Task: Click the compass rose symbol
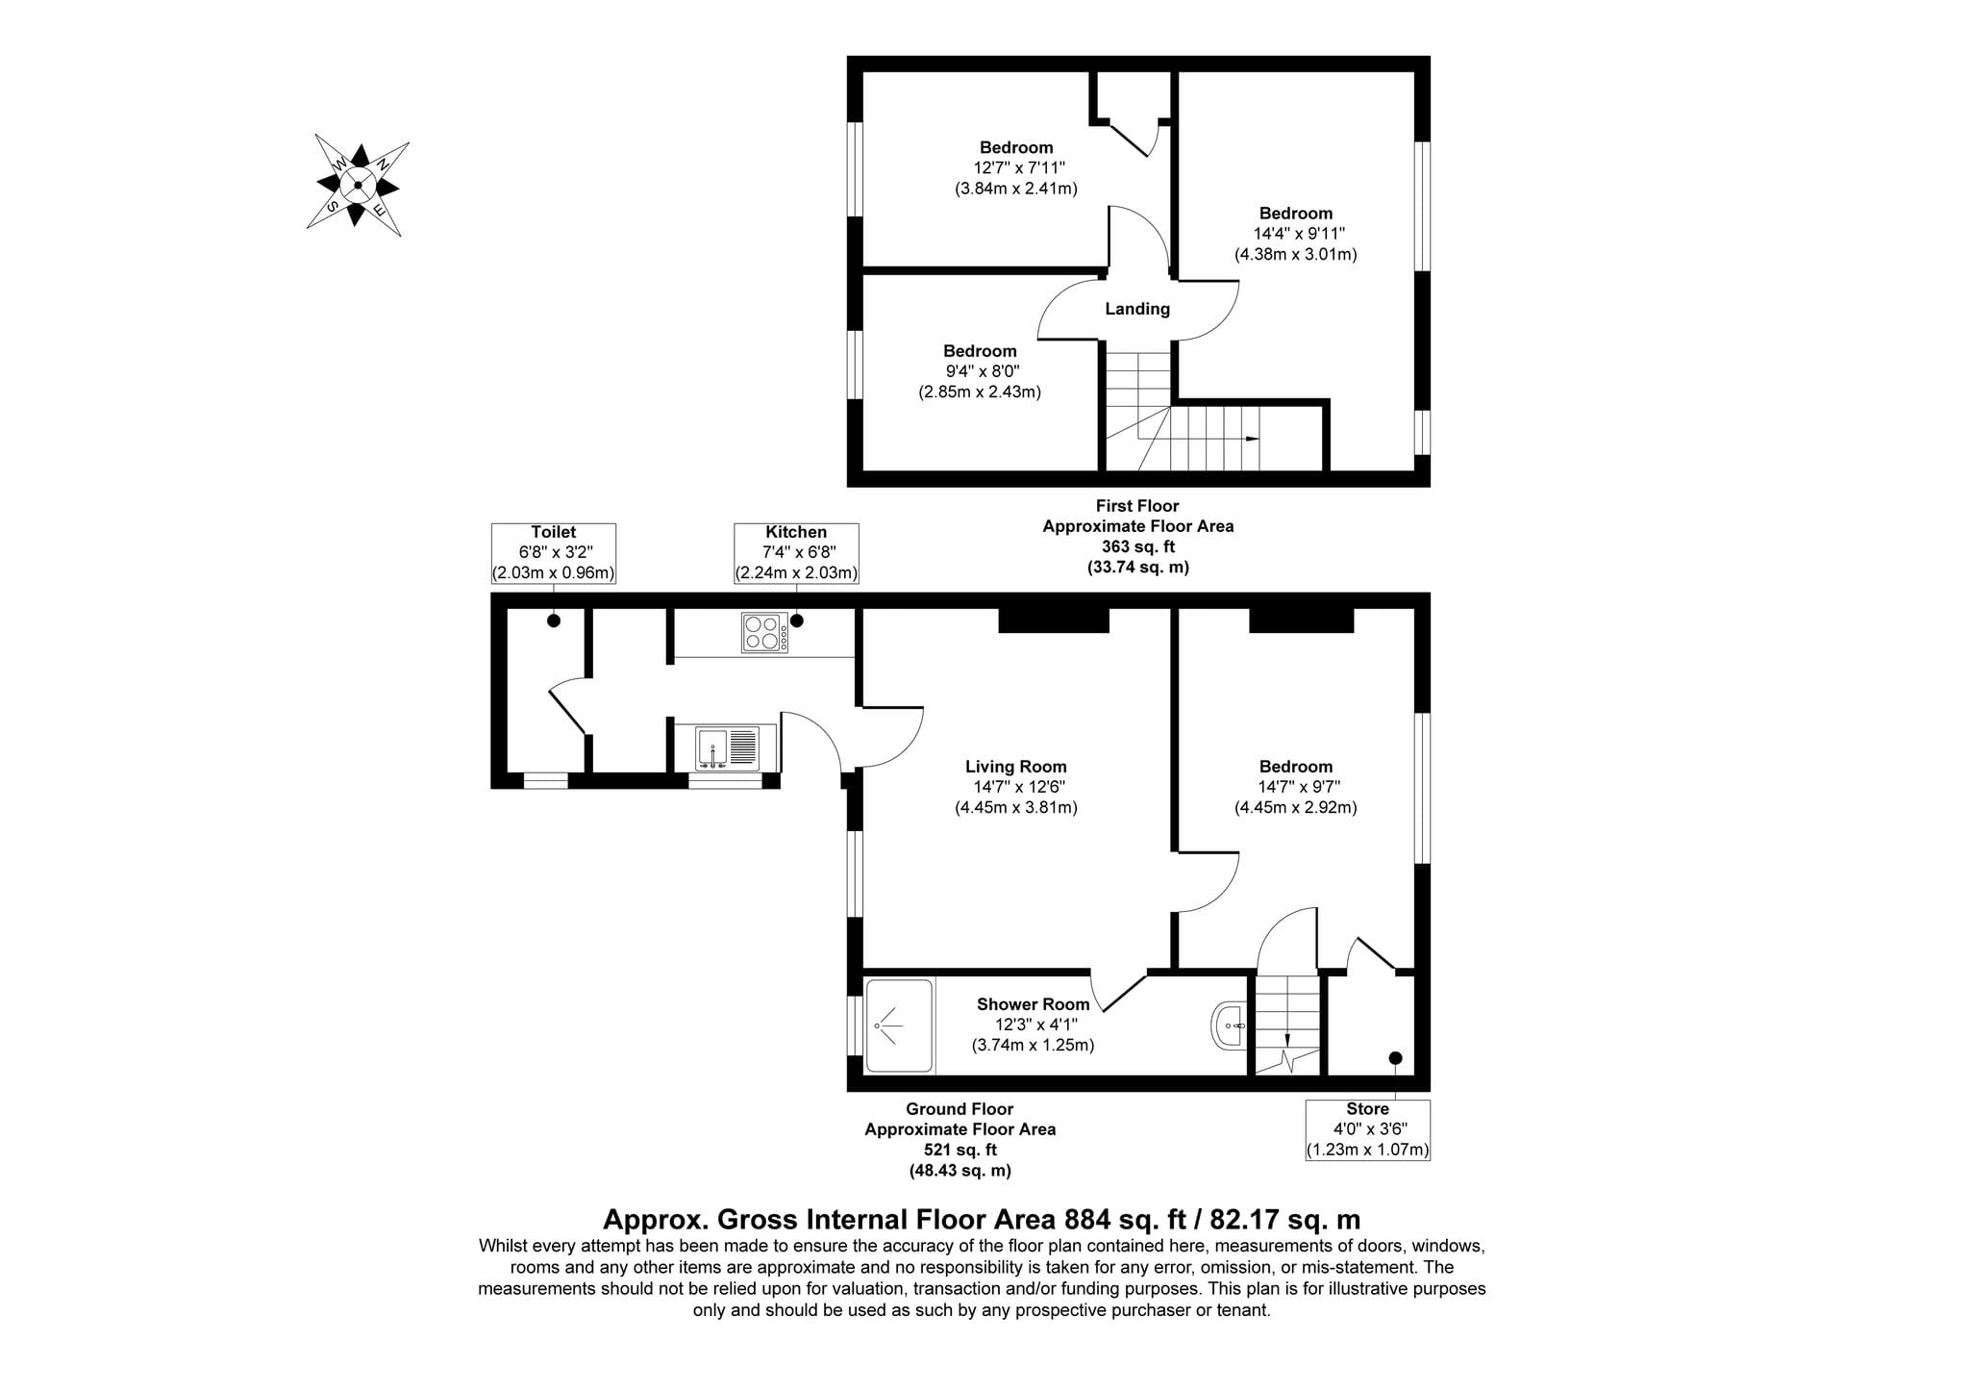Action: [x=358, y=185]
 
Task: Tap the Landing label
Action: [x=1137, y=309]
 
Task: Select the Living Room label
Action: [x=1016, y=767]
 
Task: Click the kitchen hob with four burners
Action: [x=765, y=633]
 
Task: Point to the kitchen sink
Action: [x=728, y=747]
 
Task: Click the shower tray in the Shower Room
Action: [x=899, y=1025]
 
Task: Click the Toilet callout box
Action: [x=554, y=553]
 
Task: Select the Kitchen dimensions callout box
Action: [x=796, y=553]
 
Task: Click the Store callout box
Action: [x=1367, y=1129]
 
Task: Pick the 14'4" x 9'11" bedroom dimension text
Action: [x=1295, y=234]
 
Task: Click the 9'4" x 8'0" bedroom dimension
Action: [x=980, y=371]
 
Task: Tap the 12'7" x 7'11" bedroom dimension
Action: [x=1016, y=167]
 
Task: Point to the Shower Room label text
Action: [x=1034, y=1004]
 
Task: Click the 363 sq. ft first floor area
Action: [x=1138, y=546]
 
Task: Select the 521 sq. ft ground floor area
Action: [x=960, y=1150]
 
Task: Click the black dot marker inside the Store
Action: [x=1396, y=1058]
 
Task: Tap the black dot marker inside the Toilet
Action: [x=554, y=621]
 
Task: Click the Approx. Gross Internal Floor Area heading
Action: [x=982, y=1220]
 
